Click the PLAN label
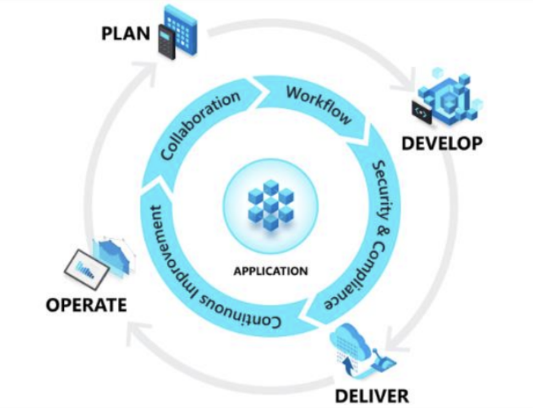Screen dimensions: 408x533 click(x=126, y=34)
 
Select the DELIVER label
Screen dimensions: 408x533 click(x=373, y=395)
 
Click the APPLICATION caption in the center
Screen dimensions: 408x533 click(x=270, y=271)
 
